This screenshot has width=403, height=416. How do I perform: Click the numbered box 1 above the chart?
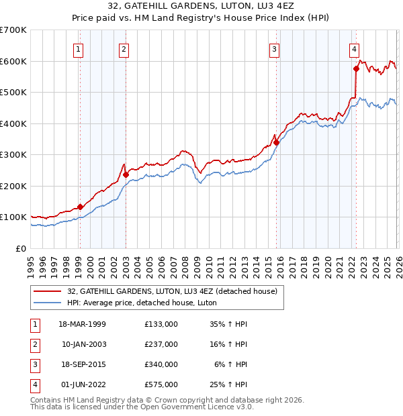click(x=79, y=48)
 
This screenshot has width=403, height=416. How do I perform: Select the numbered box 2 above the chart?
click(x=124, y=48)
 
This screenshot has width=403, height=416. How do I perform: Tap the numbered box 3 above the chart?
click(x=275, y=48)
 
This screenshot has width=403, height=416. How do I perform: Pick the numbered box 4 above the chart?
click(x=354, y=48)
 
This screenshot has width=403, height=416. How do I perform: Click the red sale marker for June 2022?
click(x=356, y=68)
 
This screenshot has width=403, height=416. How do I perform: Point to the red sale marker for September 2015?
click(x=276, y=142)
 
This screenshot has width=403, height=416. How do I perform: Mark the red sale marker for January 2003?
click(x=126, y=174)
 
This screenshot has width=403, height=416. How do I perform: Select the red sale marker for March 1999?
click(x=80, y=207)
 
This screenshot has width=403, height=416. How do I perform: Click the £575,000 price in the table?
click(x=161, y=385)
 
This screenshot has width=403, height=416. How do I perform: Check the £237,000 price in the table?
click(x=161, y=344)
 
